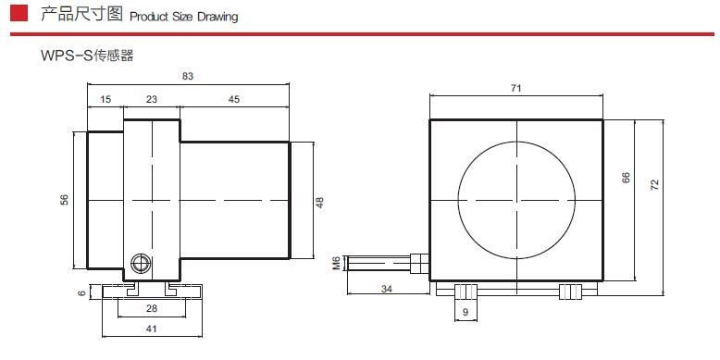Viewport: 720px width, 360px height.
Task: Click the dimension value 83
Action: pos(187,76)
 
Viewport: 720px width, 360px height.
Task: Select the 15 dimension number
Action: pos(106,99)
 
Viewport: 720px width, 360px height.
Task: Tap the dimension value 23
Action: pos(152,99)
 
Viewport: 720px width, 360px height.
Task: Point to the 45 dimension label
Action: pos(234,99)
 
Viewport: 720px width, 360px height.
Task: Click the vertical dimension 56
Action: pos(65,200)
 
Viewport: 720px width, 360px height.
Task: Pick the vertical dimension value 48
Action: pos(320,202)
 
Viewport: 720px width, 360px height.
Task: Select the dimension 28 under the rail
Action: pos(152,308)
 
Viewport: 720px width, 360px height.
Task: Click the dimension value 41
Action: pos(152,329)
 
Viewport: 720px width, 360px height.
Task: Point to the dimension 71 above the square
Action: pos(516,88)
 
